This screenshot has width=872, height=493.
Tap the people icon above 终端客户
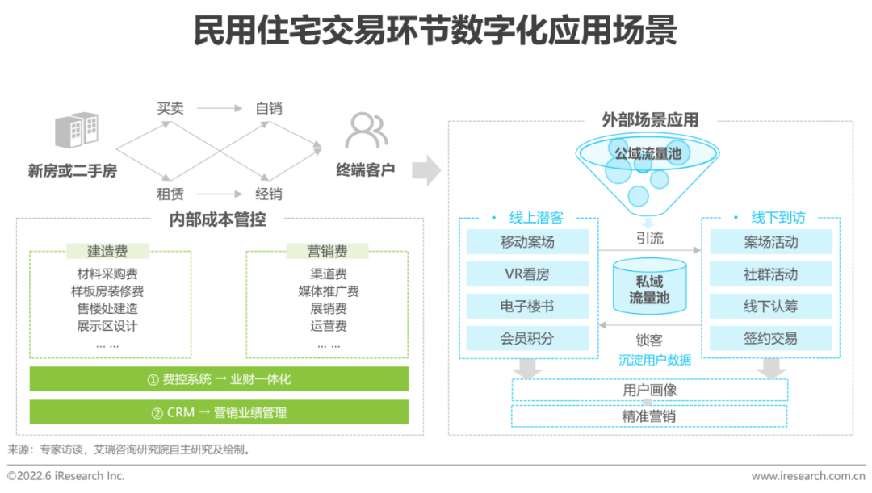coord(366,132)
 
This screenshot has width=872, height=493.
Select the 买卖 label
coord(170,108)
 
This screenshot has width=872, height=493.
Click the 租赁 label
coord(170,194)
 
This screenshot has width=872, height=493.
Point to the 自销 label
coord(269,108)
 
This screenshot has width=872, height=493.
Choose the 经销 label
coord(269,194)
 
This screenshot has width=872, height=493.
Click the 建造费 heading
coord(107,251)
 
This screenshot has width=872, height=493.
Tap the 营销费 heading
coord(327,251)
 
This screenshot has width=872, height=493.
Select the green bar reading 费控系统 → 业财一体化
coord(219,379)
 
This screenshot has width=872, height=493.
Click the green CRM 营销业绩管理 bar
coord(219,412)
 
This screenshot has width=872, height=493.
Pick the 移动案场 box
coord(527,242)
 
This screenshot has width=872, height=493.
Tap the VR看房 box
coord(527,274)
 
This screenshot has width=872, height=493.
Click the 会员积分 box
coord(527,338)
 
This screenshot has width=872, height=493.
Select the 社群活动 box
coord(770,274)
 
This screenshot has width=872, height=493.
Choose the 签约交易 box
coord(770,338)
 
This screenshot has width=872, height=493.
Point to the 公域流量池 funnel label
coord(648,152)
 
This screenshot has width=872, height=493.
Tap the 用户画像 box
coord(649,391)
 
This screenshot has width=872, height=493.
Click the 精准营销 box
coord(649,416)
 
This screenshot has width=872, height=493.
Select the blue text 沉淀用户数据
coord(655,360)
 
